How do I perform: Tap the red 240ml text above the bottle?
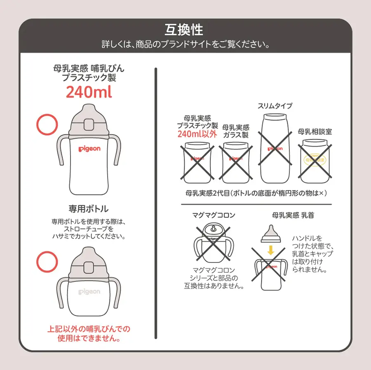pos(89,92)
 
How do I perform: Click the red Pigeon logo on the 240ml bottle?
pos(89,148)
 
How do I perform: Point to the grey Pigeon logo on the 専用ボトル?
pos(89,292)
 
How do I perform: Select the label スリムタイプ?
pos(275,106)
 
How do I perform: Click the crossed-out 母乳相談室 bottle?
pos(315,161)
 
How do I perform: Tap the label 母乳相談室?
pos(315,132)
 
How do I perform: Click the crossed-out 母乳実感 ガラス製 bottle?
pos(235,162)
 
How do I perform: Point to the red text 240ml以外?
pos(197,134)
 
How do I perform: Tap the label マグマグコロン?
pos(214,215)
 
